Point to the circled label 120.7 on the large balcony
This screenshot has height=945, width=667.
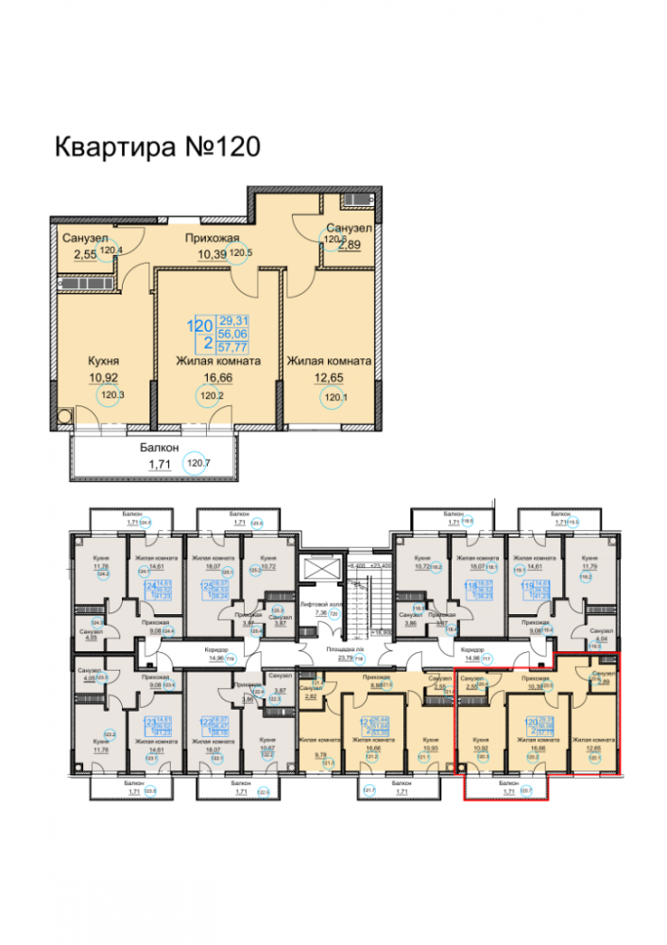pos(197,464)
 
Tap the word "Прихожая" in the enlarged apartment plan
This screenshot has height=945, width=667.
pos(212,239)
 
